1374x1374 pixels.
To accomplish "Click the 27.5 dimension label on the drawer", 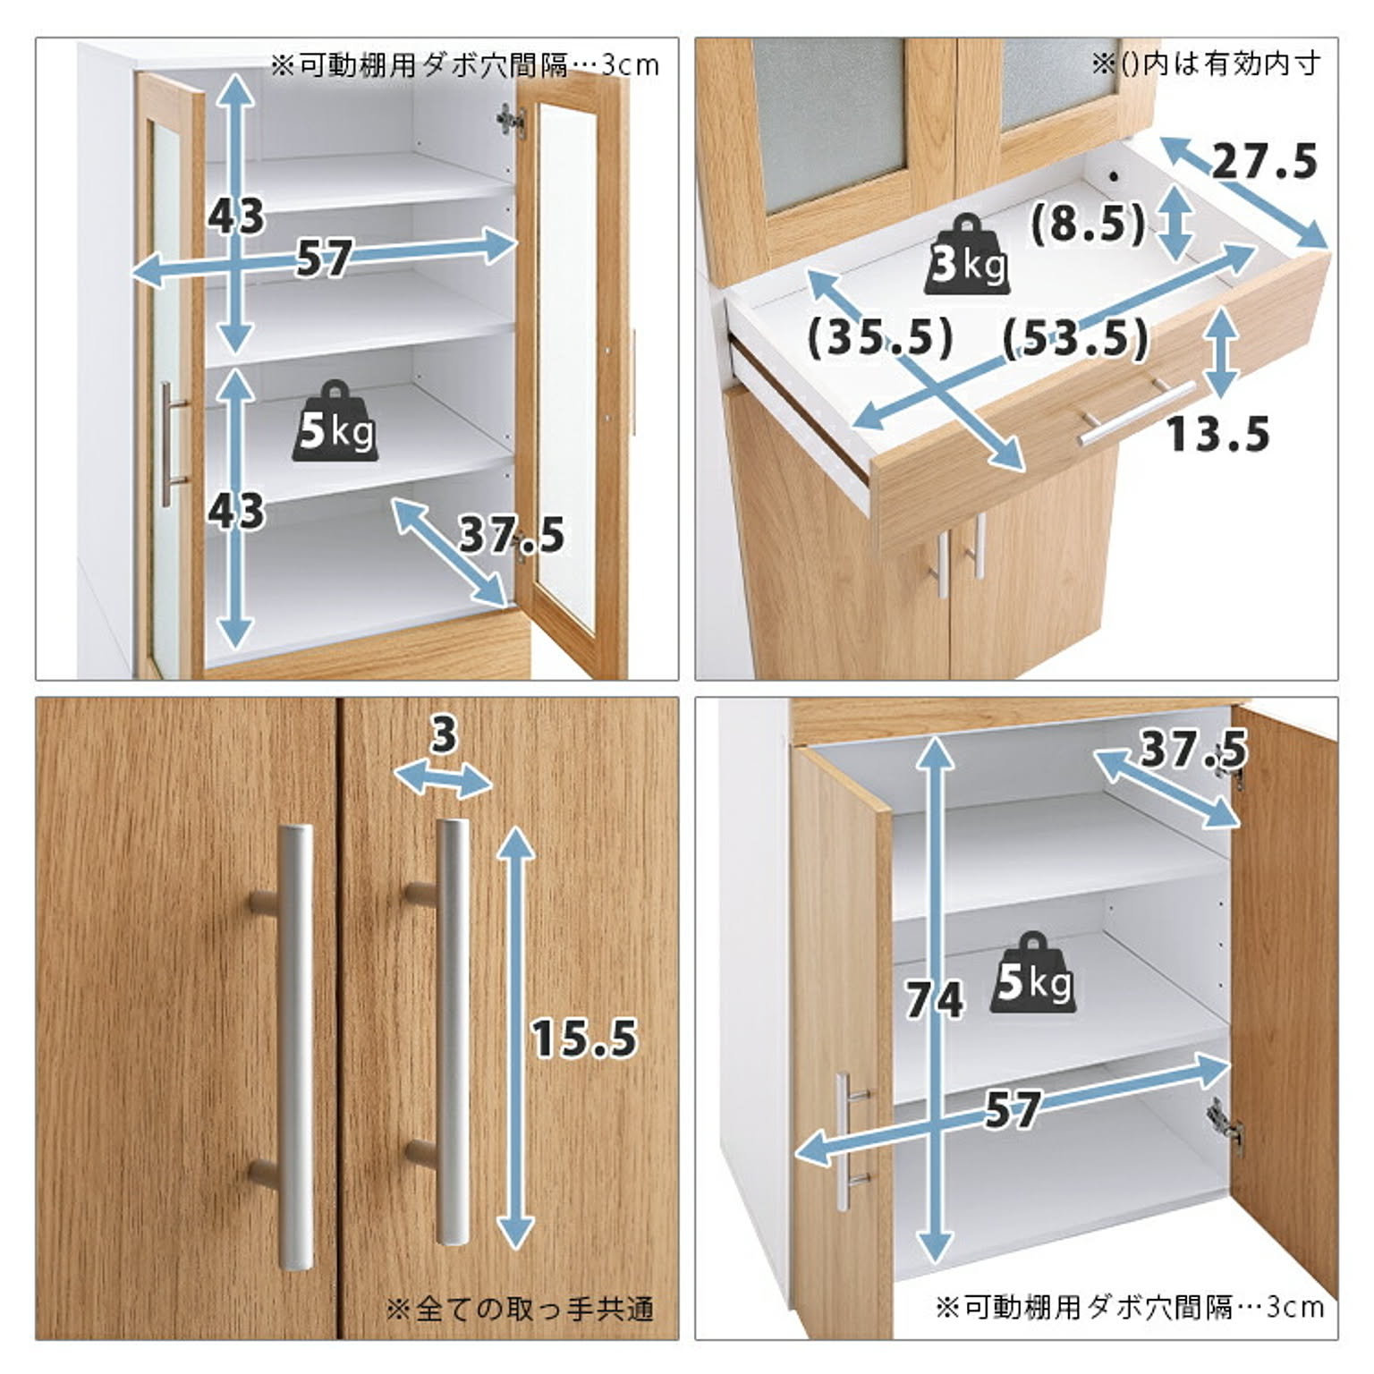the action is [1265, 162].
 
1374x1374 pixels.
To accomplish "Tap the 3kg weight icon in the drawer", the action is [968, 256].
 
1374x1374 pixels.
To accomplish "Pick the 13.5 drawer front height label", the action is [1217, 435].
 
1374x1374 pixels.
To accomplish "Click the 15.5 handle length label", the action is [585, 1038].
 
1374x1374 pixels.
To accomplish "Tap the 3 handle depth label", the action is [444, 735].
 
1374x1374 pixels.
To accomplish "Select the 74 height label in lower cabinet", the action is [934, 999].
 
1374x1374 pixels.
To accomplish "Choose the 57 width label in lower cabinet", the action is [1013, 1110].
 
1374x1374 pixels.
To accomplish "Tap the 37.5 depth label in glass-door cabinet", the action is [512, 535].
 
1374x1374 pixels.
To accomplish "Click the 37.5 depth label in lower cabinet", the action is [1193, 749].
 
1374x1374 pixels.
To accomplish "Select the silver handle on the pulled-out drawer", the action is [1136, 411].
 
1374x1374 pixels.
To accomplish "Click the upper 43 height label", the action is [236, 216].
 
